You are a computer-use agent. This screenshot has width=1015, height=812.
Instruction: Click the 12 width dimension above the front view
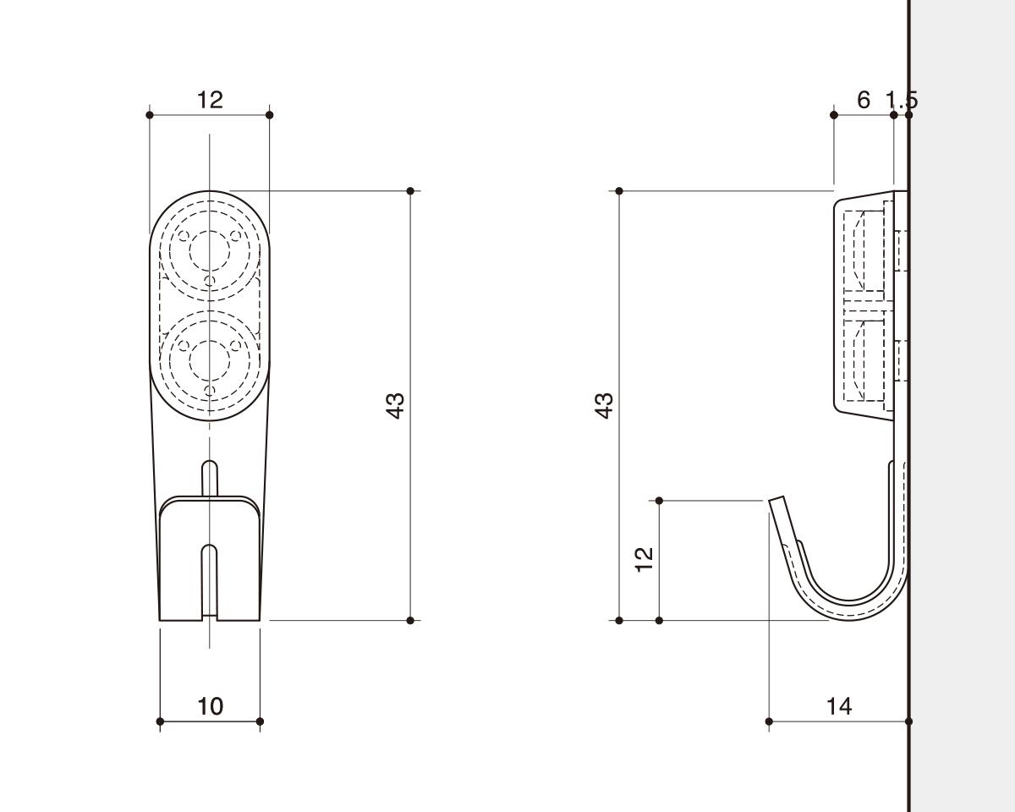(x=210, y=100)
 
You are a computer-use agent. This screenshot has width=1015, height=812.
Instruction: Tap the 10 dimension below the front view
(x=211, y=706)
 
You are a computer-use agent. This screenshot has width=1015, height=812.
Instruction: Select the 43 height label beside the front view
(x=395, y=405)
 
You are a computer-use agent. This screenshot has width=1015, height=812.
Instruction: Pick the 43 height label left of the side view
(x=604, y=405)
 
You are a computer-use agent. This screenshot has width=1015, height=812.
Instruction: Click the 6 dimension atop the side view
(x=863, y=100)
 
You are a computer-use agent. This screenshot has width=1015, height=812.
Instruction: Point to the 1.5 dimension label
(x=902, y=100)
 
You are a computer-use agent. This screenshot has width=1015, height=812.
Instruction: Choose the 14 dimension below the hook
(x=840, y=706)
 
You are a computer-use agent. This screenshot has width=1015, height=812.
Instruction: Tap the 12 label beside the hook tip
(x=645, y=560)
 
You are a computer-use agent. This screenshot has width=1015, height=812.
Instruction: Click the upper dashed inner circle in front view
(x=210, y=251)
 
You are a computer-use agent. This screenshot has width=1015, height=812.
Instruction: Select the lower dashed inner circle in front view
(x=210, y=361)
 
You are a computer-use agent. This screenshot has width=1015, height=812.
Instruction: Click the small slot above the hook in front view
(x=210, y=478)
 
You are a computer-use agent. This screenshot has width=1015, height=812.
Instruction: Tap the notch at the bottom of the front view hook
(x=210, y=580)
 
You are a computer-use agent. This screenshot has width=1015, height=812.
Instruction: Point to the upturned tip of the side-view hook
(x=776, y=500)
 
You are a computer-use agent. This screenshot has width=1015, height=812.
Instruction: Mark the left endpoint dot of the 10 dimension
(x=160, y=721)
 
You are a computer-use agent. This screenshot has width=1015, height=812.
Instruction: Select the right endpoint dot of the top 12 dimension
(x=269, y=115)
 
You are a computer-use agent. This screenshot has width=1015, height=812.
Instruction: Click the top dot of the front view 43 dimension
(x=410, y=191)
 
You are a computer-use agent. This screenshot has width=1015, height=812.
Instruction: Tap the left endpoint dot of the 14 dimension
(x=769, y=721)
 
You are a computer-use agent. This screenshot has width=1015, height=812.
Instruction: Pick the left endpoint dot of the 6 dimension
(x=833, y=115)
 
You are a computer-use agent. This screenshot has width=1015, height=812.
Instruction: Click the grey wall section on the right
(x=963, y=406)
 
